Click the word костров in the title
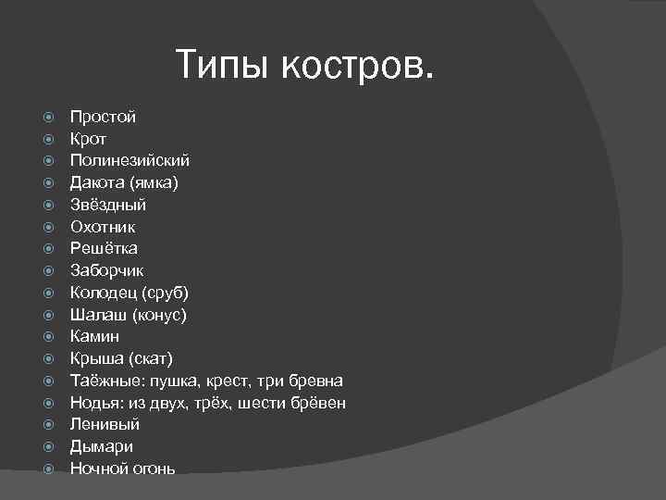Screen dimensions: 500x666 tap(357, 65)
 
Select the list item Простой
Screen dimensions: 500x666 tap(103, 117)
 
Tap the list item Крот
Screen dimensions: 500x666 tap(89, 139)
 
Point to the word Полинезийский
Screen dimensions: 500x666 tap(129, 160)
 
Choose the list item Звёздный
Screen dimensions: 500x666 tap(108, 205)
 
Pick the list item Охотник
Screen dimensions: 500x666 tap(103, 226)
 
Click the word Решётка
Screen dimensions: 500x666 tap(104, 248)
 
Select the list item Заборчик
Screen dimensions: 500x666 tap(106, 270)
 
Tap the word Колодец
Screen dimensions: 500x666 tap(103, 293)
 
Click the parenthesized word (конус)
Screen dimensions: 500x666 tap(159, 315)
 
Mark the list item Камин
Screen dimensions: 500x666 tap(94, 336)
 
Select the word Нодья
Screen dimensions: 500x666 tap(95, 403)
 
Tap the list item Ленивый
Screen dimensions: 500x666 tap(105, 424)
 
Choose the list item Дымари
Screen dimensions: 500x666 tap(100, 446)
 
